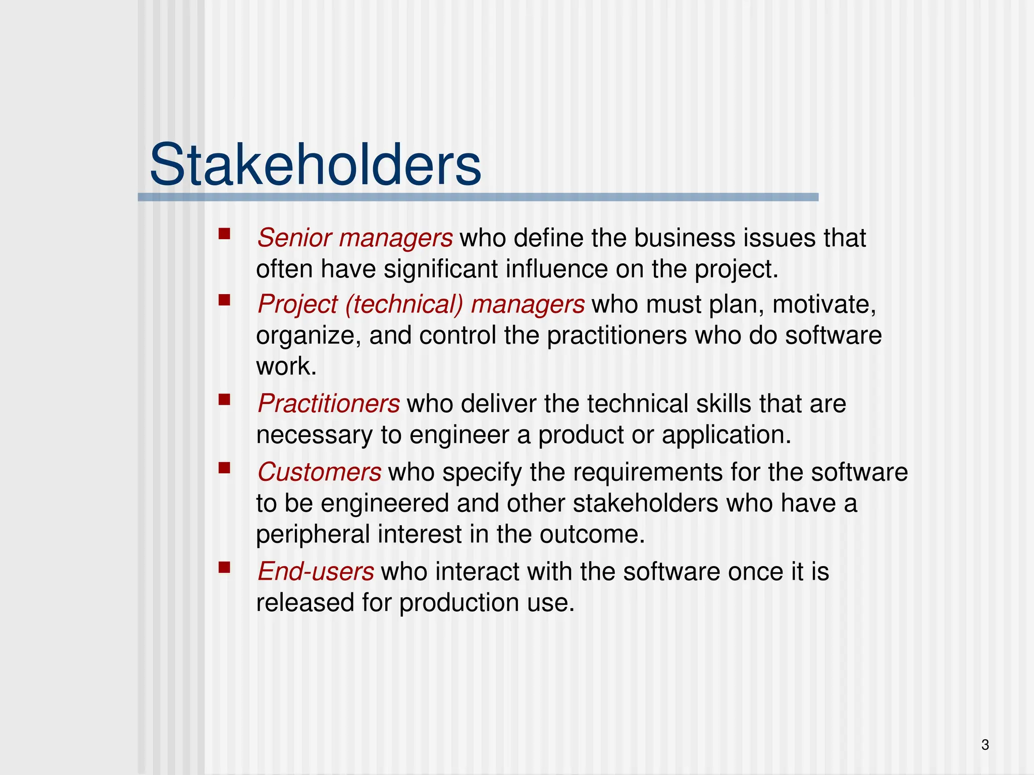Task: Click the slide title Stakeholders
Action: [316, 165]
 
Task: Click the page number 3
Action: [985, 745]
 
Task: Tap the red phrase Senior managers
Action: [355, 238]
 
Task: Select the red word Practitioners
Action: [329, 404]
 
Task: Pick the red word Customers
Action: [319, 472]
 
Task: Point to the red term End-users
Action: [316, 572]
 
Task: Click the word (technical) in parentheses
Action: [404, 305]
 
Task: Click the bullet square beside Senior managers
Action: [224, 234]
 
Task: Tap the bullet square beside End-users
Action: [224, 568]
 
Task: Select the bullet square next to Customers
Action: [224, 469]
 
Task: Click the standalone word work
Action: [286, 366]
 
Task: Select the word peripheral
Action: [313, 535]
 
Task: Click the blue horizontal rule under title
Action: [478, 197]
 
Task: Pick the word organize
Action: [308, 336]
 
